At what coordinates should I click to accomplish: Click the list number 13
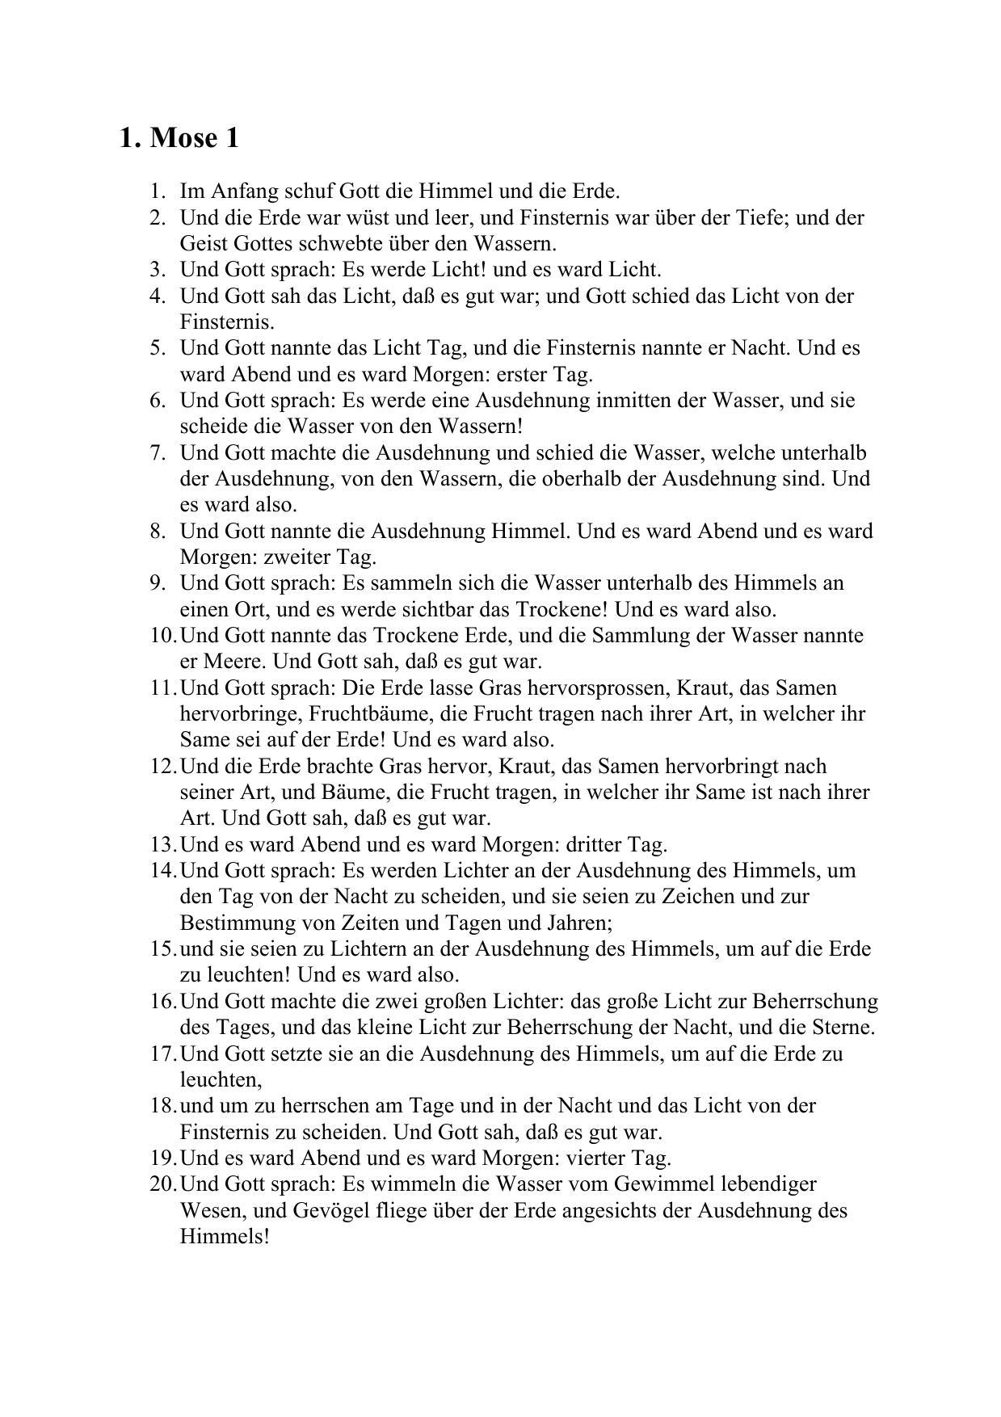click(x=162, y=844)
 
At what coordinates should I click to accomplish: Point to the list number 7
click(x=158, y=452)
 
